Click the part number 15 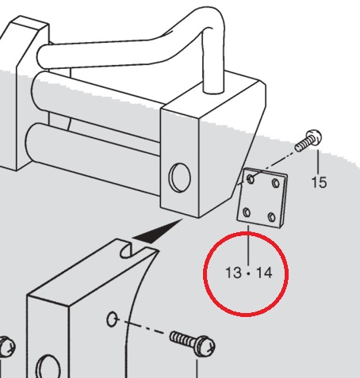tap(319, 182)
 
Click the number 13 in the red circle tap(233, 273)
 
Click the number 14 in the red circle tap(264, 273)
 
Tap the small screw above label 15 tap(308, 140)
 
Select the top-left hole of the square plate tap(251, 179)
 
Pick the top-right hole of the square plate tap(276, 183)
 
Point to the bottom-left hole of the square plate tap(247, 212)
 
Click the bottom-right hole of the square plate tap(272, 217)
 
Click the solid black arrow tap(158, 231)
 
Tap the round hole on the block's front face tap(179, 178)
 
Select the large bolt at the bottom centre tap(192, 342)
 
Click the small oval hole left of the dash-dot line tap(112, 319)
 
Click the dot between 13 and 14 tap(248, 273)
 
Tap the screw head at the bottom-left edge tap(6, 347)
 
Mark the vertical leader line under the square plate tap(248, 246)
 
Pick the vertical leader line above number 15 tap(318, 162)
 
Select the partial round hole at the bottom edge tap(48, 367)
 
